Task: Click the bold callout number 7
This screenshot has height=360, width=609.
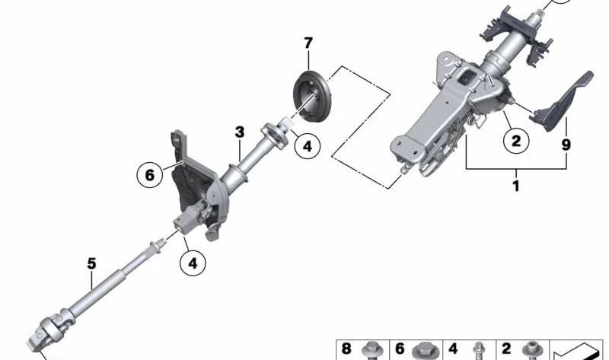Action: point(308,43)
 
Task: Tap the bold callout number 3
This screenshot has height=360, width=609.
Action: point(240,132)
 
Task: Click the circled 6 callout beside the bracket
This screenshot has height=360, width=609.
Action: point(149,175)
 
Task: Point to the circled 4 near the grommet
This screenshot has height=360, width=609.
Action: point(308,146)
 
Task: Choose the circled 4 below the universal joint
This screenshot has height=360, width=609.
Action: point(193,263)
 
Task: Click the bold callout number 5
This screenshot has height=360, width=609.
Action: point(91,263)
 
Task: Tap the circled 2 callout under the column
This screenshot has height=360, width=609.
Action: point(516,140)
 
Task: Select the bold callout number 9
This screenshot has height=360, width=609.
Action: point(566,145)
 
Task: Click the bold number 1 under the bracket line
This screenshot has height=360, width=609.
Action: point(516,186)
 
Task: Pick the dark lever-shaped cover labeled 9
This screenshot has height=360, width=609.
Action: point(563,101)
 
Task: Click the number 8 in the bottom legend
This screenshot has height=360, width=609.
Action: point(346,349)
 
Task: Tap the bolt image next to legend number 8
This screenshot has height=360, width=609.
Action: point(372,351)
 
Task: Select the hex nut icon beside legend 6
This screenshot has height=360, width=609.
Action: point(426,351)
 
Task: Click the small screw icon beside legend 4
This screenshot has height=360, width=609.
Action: point(480,351)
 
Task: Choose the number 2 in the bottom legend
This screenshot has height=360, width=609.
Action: point(505,349)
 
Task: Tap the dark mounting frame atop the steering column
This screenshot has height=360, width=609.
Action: point(515,33)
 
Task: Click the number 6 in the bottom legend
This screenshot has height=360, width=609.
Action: point(399,349)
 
